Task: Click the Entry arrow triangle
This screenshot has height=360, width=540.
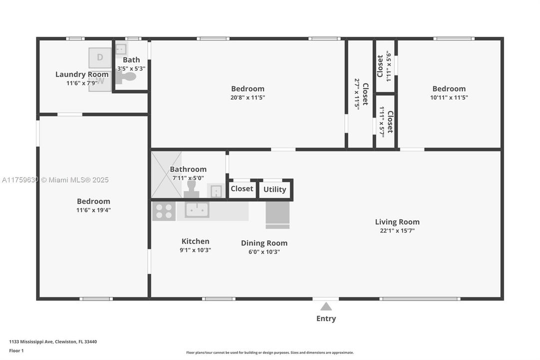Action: (x=326, y=306)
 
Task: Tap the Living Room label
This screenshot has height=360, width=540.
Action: (x=397, y=222)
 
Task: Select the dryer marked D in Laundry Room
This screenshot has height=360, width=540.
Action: (x=100, y=57)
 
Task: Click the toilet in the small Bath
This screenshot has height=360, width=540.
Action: (x=127, y=77)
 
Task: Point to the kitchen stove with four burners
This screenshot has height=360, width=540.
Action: (x=163, y=210)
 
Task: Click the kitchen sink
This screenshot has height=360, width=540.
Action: (x=197, y=210)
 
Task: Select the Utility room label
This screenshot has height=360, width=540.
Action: (x=275, y=189)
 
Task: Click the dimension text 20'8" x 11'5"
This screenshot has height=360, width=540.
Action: (x=247, y=98)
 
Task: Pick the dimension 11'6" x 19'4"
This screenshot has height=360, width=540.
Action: (x=93, y=210)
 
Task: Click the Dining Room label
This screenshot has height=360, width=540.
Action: (x=264, y=243)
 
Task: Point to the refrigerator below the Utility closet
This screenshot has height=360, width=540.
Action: (x=277, y=214)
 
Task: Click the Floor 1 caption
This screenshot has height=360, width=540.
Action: (x=16, y=351)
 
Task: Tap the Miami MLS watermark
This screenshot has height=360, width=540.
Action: (x=55, y=180)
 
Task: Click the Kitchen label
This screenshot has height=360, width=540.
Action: (x=195, y=241)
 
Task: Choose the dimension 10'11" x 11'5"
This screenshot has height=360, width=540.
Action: (x=449, y=98)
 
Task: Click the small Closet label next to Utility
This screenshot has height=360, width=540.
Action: (x=242, y=189)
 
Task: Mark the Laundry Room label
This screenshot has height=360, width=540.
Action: (x=81, y=74)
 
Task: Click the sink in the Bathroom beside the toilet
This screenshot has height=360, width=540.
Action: (x=216, y=191)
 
